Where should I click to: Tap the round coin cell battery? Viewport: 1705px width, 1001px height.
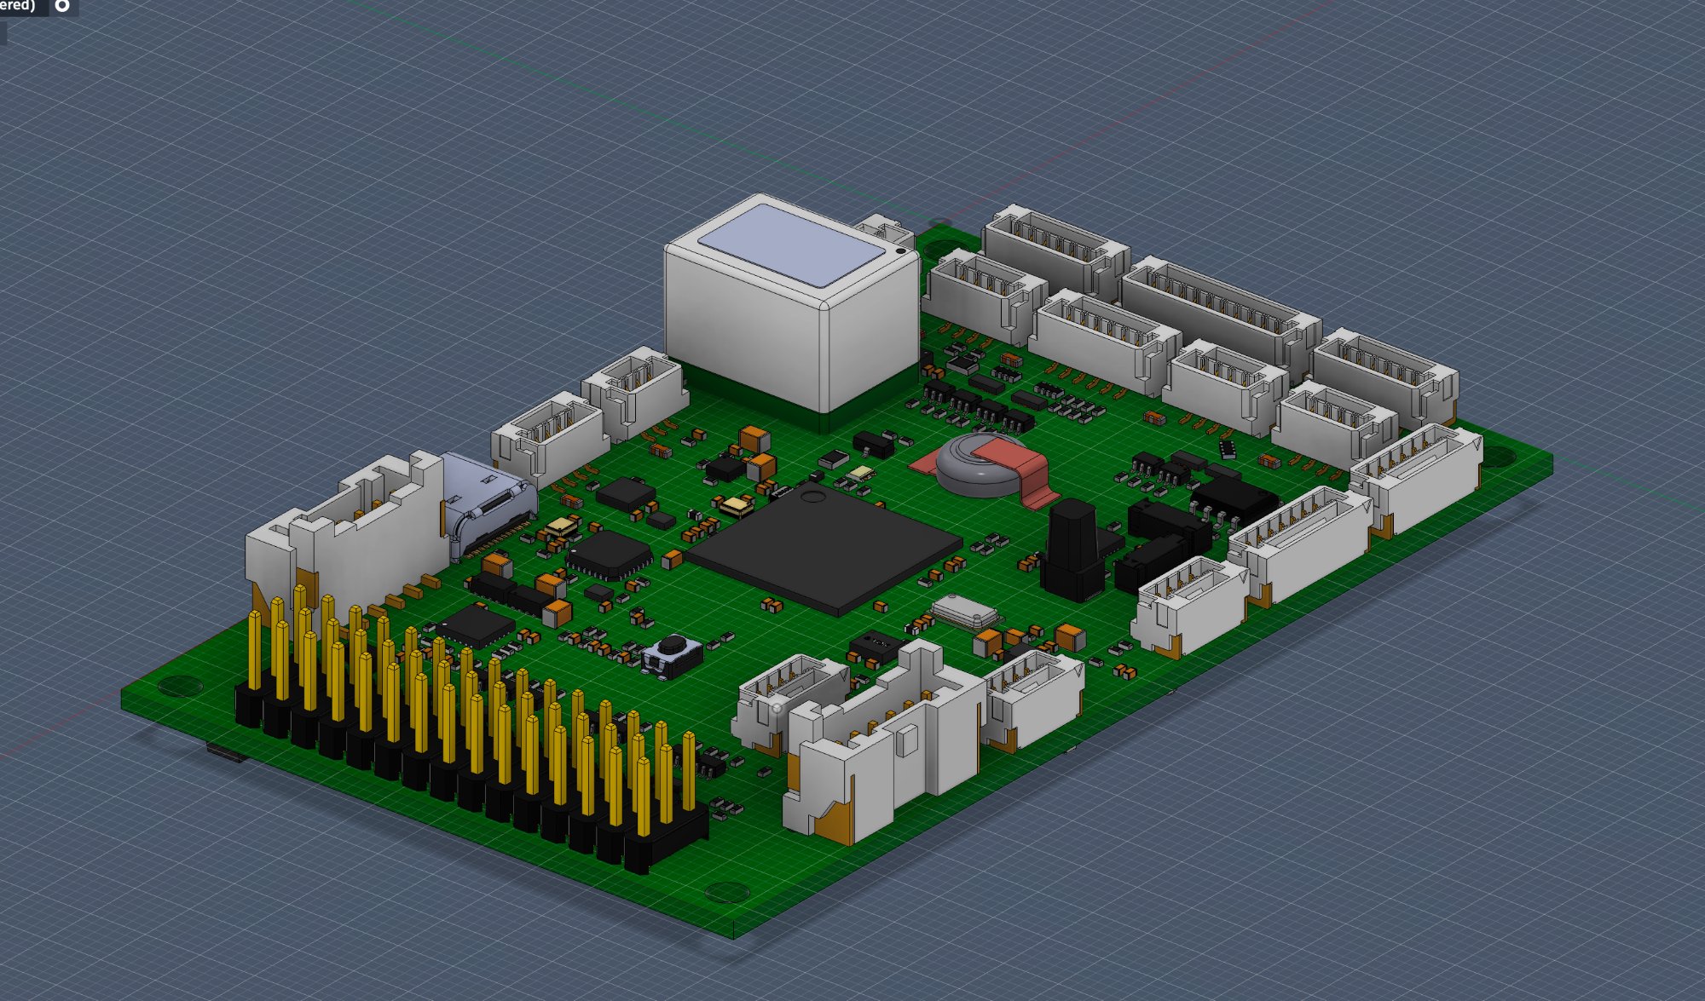point(972,464)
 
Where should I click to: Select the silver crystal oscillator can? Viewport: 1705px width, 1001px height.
point(964,612)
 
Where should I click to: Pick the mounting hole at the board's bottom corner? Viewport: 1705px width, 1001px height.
point(726,892)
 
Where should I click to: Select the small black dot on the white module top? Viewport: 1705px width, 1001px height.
point(900,250)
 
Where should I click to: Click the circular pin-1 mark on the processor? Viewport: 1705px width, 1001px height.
point(812,496)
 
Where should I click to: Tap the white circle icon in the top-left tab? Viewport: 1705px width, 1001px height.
point(62,6)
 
